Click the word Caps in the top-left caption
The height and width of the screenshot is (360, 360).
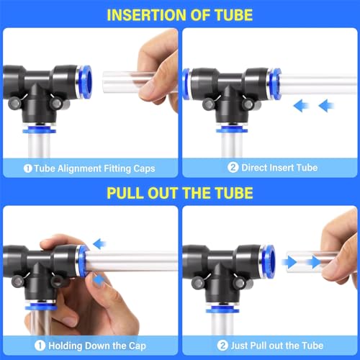(x=143, y=168)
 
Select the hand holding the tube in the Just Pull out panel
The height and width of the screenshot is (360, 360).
(x=338, y=252)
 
